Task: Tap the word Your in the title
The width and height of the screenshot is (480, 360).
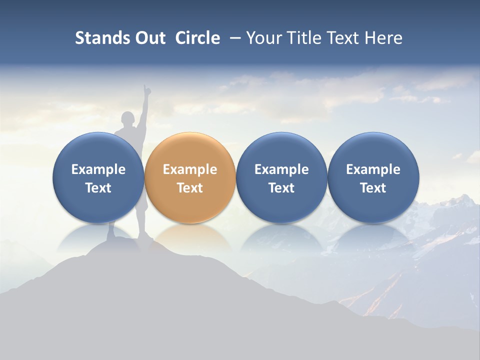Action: coord(263,38)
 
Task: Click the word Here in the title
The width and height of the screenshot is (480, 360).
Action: coord(382,38)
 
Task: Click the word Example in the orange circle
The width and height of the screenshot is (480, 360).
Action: coord(190,169)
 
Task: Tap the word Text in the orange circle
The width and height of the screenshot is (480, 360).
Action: coord(190,188)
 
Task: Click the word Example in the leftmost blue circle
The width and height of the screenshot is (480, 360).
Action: coord(98,169)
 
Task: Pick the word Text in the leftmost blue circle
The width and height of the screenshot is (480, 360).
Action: coord(98,188)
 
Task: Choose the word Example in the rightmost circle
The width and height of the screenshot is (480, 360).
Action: coord(373,169)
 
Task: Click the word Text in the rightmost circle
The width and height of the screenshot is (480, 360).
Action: coord(373,188)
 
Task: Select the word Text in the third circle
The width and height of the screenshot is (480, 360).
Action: coord(281,188)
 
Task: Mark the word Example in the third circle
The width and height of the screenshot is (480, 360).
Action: coord(281,169)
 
